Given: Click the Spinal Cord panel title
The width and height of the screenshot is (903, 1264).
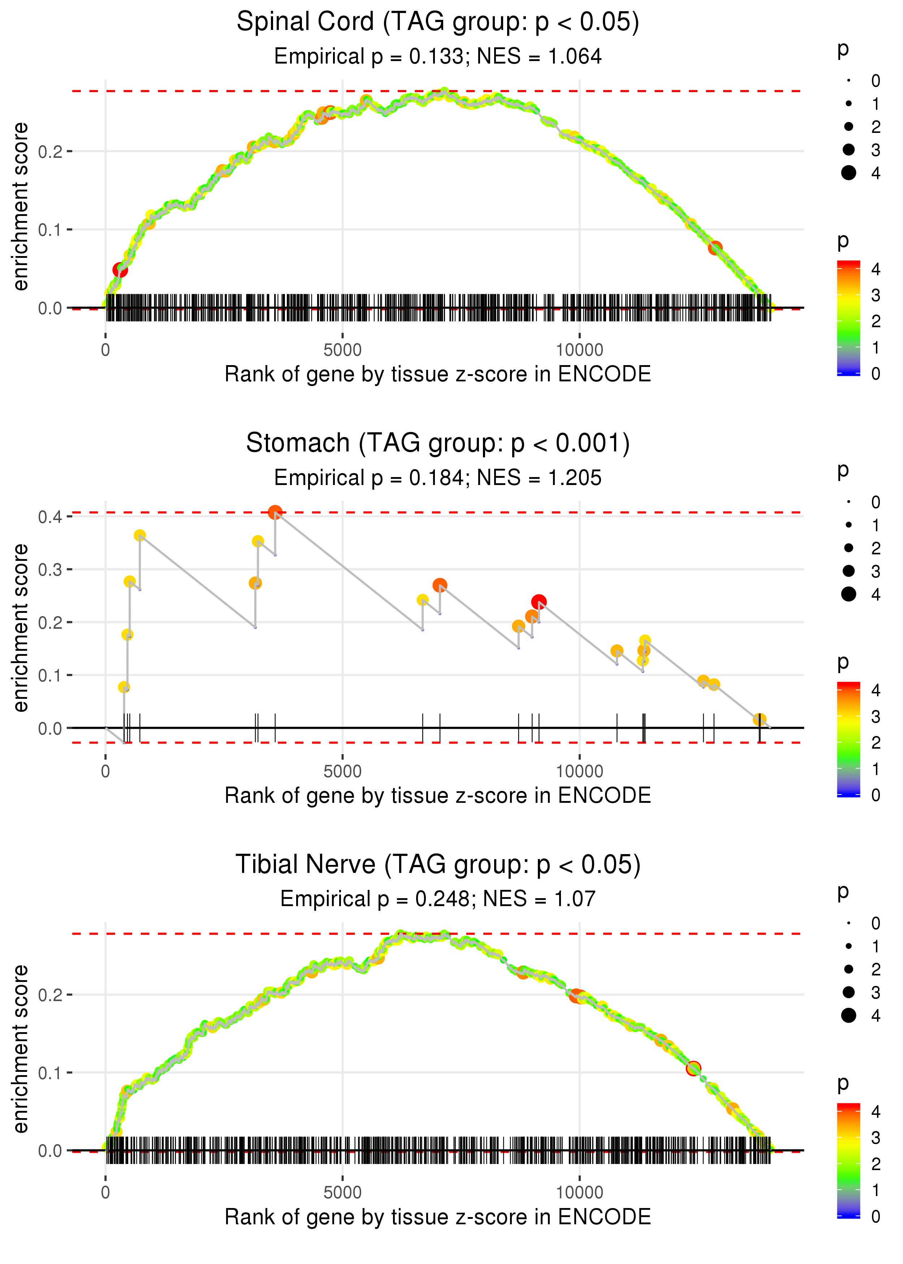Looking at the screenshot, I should pos(438,22).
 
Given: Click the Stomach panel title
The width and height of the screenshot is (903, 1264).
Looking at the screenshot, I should pos(438,443).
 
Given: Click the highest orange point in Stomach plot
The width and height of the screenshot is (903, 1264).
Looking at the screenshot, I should pos(275,512).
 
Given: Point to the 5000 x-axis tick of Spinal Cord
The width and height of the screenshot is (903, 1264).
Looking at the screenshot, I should pos(342,350).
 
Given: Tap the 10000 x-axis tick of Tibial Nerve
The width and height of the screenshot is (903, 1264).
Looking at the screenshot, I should pos(579,1192).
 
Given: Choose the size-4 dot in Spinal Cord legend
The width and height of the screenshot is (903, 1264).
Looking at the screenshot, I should pos(848,173).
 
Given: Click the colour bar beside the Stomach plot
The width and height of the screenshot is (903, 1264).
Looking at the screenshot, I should pos(848,739).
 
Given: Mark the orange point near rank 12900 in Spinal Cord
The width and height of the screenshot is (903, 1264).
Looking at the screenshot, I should pos(715,247).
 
